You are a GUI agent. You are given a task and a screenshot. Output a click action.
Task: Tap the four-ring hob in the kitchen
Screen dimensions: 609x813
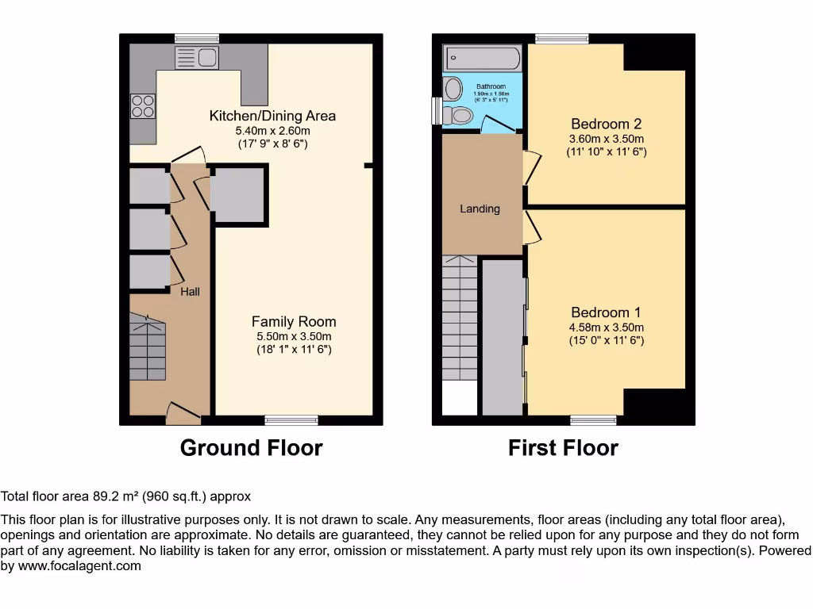[143, 105]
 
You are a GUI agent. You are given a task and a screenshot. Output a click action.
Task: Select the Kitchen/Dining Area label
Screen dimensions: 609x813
[272, 116]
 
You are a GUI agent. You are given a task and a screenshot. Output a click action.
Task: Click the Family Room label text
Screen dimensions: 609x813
[294, 321]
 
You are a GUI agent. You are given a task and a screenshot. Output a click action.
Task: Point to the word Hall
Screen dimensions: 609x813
[190, 292]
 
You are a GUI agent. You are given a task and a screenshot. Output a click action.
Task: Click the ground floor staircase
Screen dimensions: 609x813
[148, 347]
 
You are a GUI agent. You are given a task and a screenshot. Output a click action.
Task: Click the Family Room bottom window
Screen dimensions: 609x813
[291, 419]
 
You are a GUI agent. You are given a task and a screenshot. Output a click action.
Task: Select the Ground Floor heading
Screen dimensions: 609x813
[251, 448]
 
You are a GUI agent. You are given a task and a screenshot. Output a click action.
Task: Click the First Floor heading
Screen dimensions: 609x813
[563, 448]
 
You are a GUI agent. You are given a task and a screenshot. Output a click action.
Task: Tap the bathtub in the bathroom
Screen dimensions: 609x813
[483, 58]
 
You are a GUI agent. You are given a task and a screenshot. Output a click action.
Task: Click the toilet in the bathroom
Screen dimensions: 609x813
[457, 116]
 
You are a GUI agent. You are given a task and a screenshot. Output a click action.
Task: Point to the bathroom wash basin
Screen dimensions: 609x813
[453, 87]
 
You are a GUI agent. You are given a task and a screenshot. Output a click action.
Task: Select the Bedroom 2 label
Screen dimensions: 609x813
[606, 124]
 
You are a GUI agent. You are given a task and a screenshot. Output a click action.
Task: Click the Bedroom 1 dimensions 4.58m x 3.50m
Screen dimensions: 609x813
[606, 327]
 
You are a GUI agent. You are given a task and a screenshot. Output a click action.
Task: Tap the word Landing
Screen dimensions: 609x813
[480, 209]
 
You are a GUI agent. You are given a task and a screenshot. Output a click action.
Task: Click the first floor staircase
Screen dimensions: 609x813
[460, 317]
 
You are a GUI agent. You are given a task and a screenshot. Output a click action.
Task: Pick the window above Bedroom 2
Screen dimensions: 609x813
[561, 38]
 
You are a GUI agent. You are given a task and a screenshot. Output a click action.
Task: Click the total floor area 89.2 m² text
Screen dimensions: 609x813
[125, 496]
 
